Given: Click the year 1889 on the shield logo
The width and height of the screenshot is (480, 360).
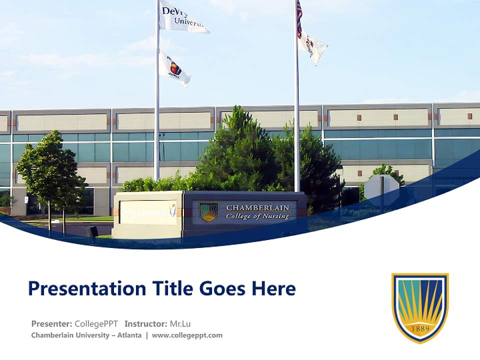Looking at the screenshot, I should (x=420, y=329).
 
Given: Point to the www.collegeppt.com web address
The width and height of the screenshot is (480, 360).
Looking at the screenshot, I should (x=187, y=335).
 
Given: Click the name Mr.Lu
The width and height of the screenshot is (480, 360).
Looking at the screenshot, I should (x=180, y=323).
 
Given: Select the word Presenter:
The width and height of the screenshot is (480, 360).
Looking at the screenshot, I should (x=51, y=323).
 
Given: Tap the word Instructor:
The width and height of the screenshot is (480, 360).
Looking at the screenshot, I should (x=146, y=323).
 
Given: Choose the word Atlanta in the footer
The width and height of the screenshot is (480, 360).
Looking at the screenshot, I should (x=129, y=335).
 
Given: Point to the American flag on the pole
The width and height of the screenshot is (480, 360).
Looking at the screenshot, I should (x=299, y=19).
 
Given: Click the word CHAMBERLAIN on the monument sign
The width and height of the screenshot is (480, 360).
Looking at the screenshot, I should (x=257, y=208).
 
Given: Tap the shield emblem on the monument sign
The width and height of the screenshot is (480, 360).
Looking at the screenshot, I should (x=209, y=211).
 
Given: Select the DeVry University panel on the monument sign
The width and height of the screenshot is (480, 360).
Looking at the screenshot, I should (x=148, y=212).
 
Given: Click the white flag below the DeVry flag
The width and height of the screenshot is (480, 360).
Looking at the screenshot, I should (x=174, y=69).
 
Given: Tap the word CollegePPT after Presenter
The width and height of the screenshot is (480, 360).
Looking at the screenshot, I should (x=96, y=323).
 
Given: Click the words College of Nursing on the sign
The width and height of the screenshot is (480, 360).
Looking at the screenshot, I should (x=257, y=217).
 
